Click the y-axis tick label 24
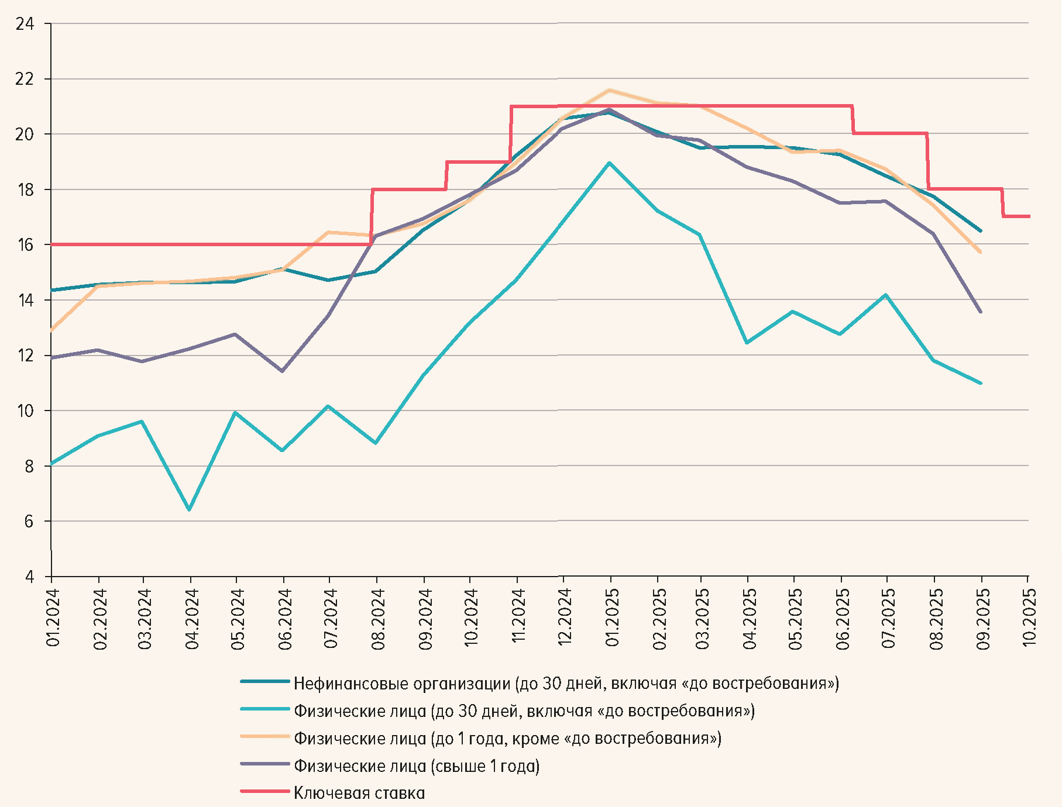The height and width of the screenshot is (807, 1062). click(25, 24)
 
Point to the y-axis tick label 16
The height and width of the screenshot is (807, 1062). click(25, 244)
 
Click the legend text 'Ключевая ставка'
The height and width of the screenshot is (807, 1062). click(359, 794)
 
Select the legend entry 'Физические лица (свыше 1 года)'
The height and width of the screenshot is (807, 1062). click(416, 766)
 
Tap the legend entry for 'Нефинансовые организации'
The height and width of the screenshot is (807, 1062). click(566, 684)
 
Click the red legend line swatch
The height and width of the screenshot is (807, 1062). click(265, 792)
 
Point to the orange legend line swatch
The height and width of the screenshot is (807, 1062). click(265, 737)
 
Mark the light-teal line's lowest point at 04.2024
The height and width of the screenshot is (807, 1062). click(189, 510)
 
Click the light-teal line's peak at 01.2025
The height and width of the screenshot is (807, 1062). click(610, 163)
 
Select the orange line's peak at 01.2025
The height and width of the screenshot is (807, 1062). click(610, 90)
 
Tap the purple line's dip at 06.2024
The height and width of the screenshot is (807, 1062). click(282, 371)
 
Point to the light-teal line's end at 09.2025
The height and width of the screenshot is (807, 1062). click(981, 384)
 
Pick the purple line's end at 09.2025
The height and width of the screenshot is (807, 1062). click(981, 312)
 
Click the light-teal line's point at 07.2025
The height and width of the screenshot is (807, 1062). click(886, 295)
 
